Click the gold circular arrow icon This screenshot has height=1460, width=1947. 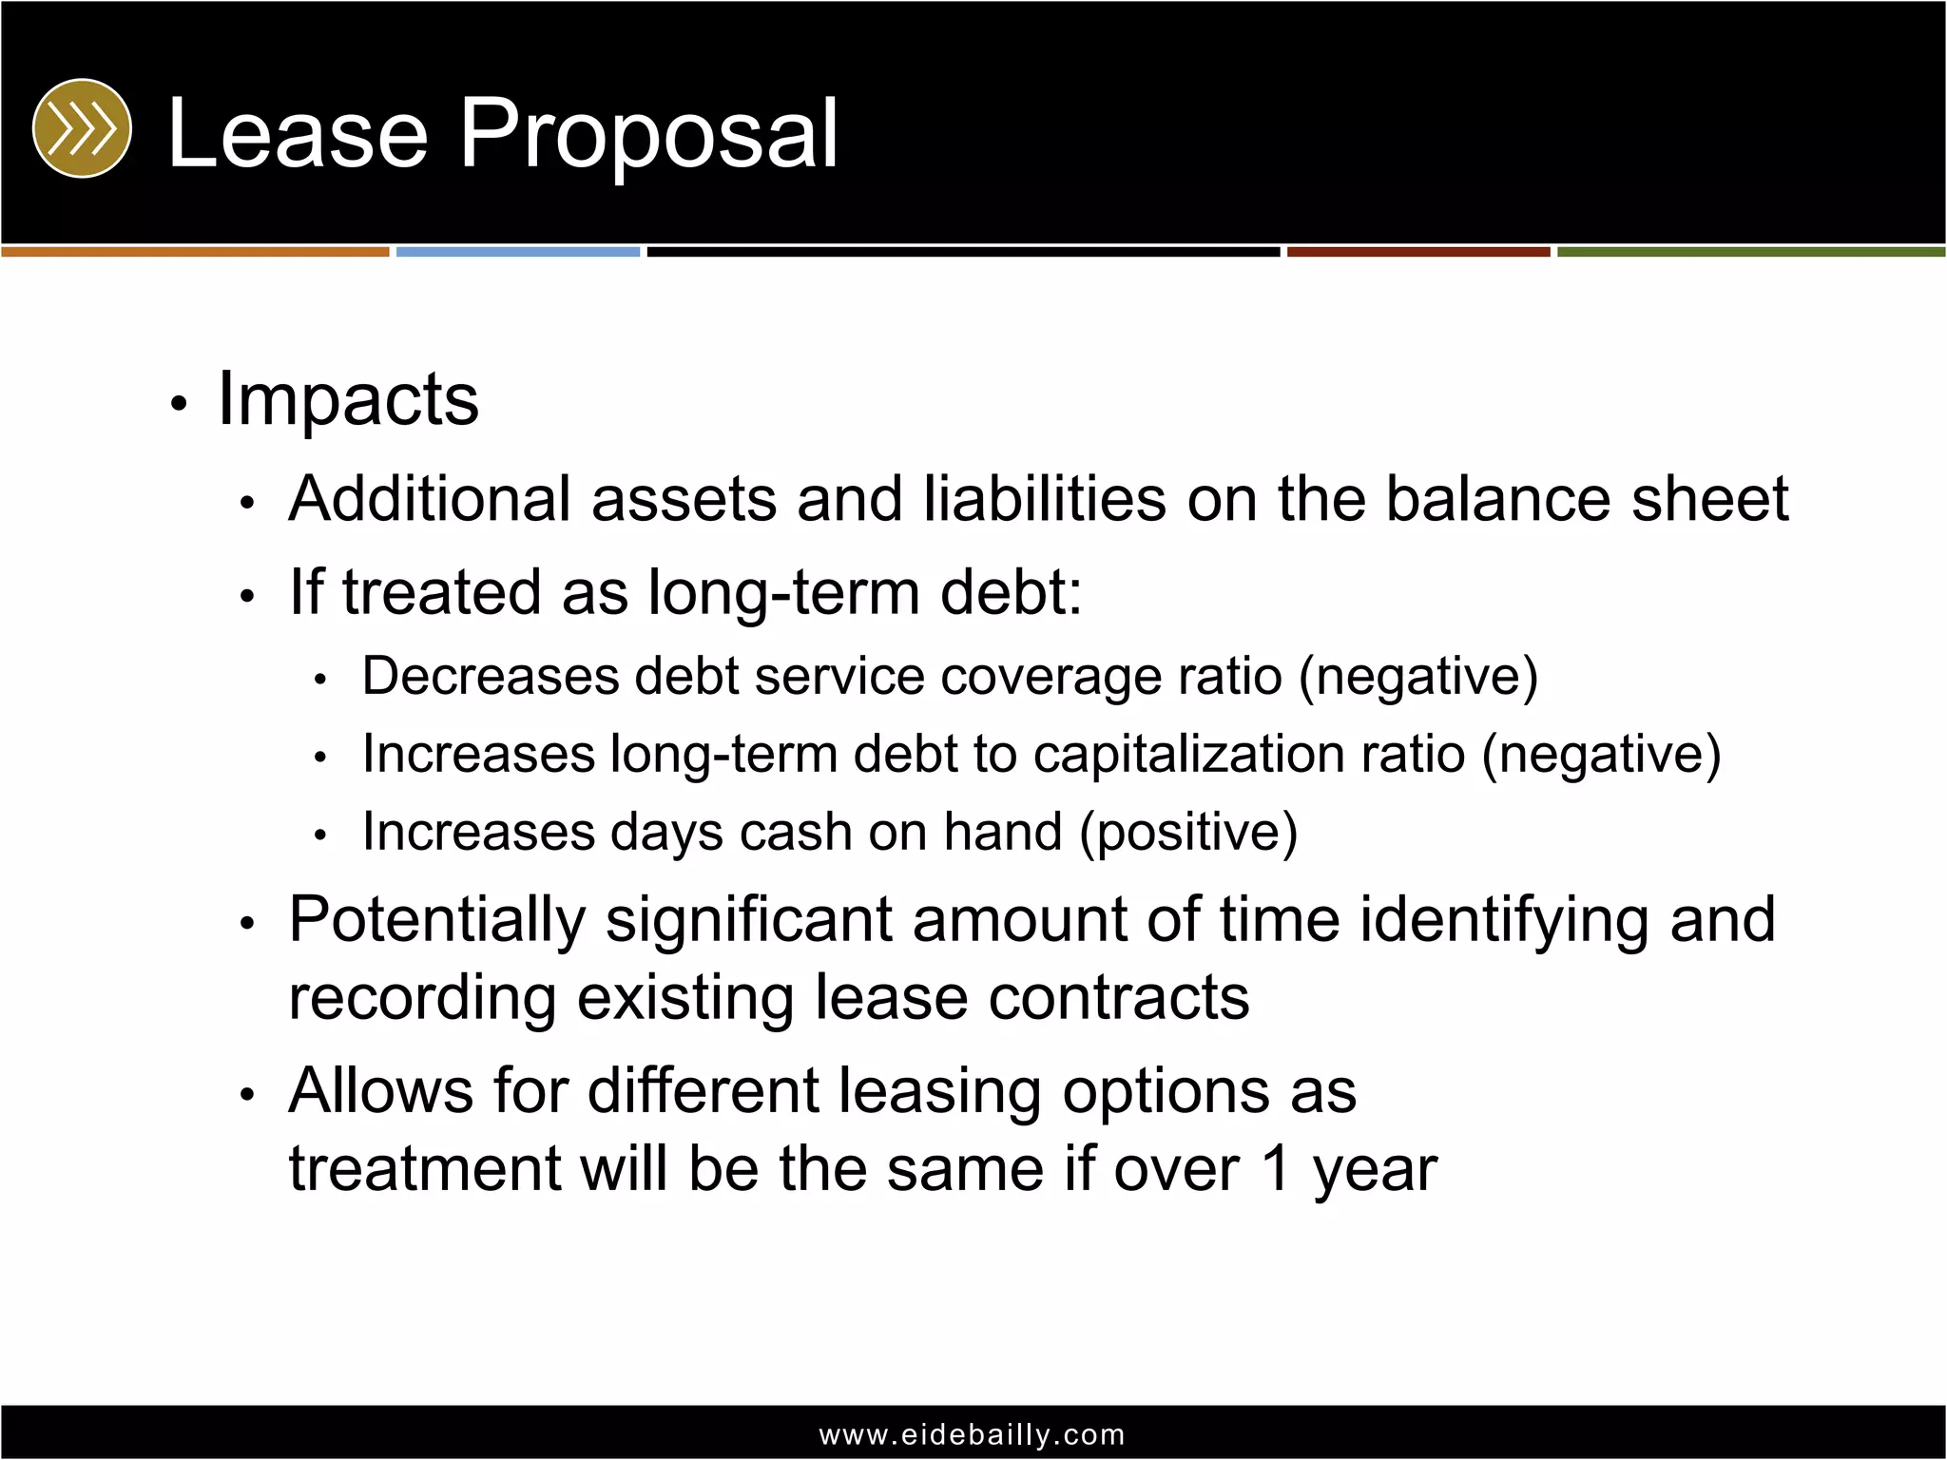tap(82, 128)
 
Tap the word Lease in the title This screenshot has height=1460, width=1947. tap(298, 134)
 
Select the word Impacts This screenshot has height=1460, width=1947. tap(348, 399)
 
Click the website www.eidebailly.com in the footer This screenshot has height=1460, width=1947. tap(972, 1434)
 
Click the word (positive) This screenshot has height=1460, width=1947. tap(1188, 833)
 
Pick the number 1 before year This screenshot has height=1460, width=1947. tap(1275, 1169)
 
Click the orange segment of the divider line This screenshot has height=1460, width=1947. tap(195, 252)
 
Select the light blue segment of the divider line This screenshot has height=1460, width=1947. tap(518, 252)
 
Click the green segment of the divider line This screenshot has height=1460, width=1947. tap(1750, 252)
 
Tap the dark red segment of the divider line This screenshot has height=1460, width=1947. tap(1418, 252)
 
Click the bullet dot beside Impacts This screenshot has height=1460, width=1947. tap(178, 405)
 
